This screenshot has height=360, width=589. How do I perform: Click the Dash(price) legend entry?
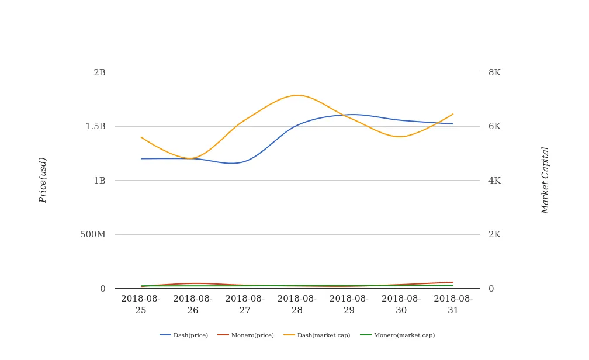tap(184, 335)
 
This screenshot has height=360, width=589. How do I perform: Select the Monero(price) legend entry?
tap(246, 335)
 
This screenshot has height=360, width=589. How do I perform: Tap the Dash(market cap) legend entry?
tap(317, 335)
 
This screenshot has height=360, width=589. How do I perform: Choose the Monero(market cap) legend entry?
tap(398, 335)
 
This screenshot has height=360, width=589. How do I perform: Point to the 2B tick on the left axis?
tap(99, 72)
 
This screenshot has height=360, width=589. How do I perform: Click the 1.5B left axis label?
tap(96, 126)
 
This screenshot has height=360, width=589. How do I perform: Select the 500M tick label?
tap(93, 234)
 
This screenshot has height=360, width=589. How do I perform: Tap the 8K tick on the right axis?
tap(494, 72)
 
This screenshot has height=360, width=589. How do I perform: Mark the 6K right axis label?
tap(494, 126)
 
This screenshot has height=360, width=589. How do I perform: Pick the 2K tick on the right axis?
tap(494, 234)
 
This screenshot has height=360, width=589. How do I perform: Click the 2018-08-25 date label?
tap(141, 304)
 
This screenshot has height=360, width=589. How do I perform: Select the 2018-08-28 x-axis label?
tap(297, 304)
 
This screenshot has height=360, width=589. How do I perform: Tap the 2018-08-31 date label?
tap(453, 304)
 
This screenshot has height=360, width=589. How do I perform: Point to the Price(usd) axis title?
tap(43, 180)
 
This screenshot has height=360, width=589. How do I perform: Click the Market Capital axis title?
tap(545, 180)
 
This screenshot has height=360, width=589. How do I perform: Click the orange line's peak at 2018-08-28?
tap(297, 95)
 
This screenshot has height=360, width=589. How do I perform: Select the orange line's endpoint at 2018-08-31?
tap(453, 114)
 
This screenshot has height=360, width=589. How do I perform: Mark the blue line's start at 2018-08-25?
tap(141, 158)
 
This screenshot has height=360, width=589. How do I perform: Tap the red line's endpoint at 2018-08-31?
tap(453, 282)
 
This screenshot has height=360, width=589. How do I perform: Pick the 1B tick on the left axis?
tap(99, 181)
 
